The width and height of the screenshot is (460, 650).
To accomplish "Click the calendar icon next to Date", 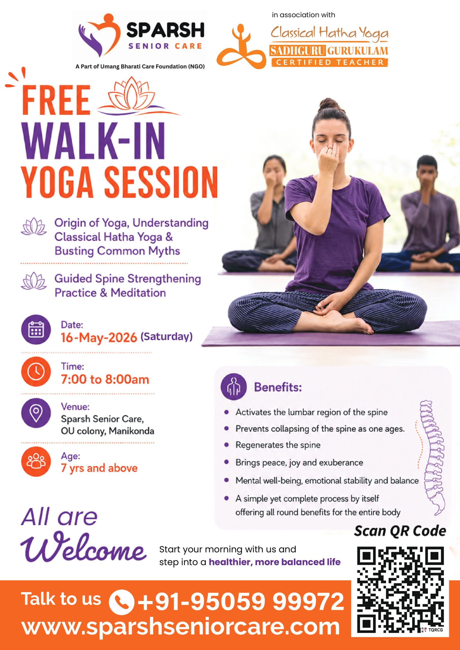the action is [x=36, y=330].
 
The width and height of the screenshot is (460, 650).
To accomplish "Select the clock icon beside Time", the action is [x=36, y=371].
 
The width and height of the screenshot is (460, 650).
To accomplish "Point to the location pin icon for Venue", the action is [x=36, y=413].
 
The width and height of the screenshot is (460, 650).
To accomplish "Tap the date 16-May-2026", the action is [x=99, y=337].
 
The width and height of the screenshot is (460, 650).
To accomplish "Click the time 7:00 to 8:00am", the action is [x=105, y=379].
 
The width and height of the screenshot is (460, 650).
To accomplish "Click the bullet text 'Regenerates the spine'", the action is [x=278, y=445].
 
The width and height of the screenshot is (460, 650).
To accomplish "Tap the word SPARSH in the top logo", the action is [x=165, y=30].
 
